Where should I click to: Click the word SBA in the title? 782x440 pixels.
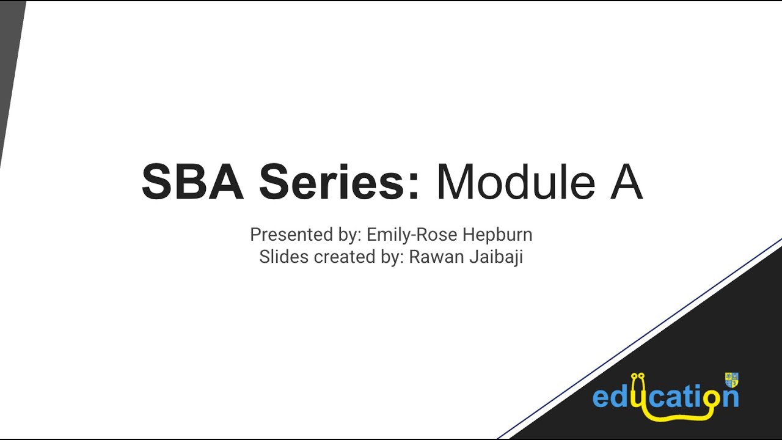[x=192, y=183]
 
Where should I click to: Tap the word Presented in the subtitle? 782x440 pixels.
[x=291, y=235]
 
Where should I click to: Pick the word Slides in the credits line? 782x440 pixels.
[x=284, y=257]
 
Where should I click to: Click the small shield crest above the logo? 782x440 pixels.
[x=731, y=380]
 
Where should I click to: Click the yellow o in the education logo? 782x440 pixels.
[x=709, y=398]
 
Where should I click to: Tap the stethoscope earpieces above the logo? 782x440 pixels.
[x=638, y=376]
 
